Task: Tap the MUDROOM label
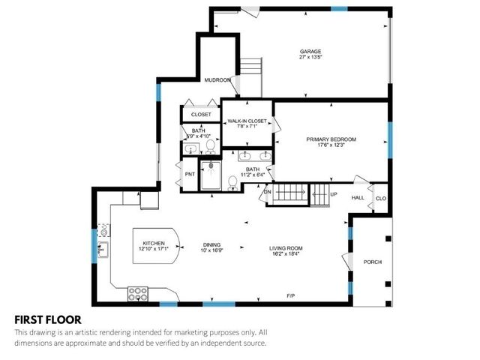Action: tap(218, 79)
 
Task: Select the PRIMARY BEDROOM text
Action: tap(330, 139)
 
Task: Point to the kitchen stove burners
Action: tap(138, 292)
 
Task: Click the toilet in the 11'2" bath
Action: tap(233, 181)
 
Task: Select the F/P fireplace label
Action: tap(290, 296)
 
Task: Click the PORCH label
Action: tap(373, 262)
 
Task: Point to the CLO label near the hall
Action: tap(380, 198)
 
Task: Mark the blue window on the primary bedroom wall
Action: tap(389, 135)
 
